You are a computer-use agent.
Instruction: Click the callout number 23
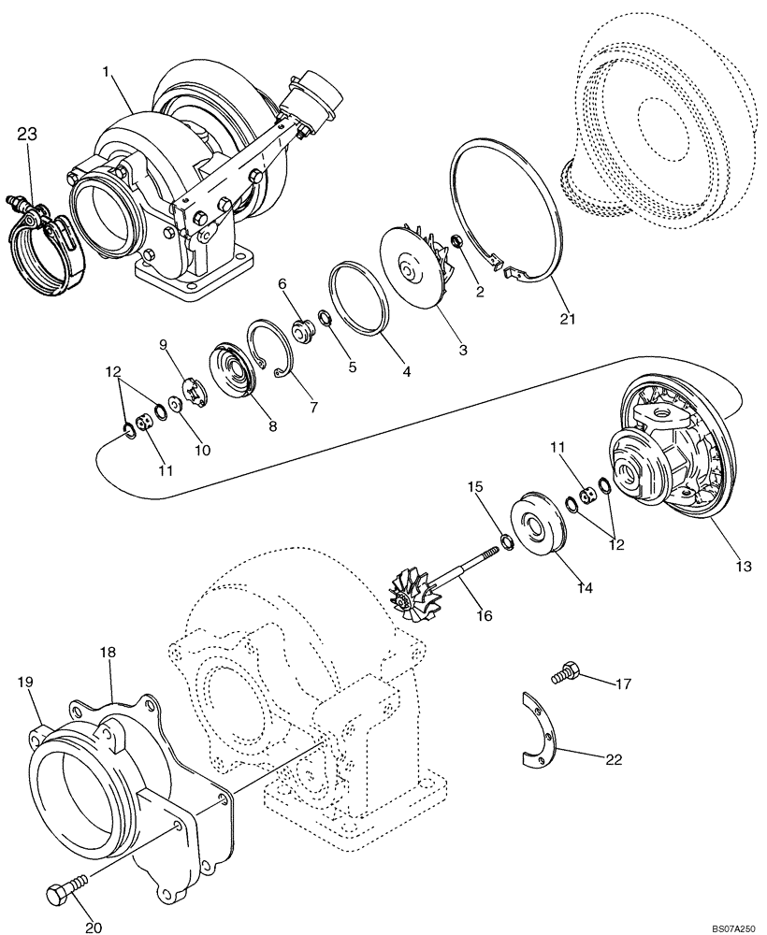(26, 135)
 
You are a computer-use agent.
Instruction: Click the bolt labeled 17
(564, 671)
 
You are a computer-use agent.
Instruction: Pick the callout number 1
(107, 71)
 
